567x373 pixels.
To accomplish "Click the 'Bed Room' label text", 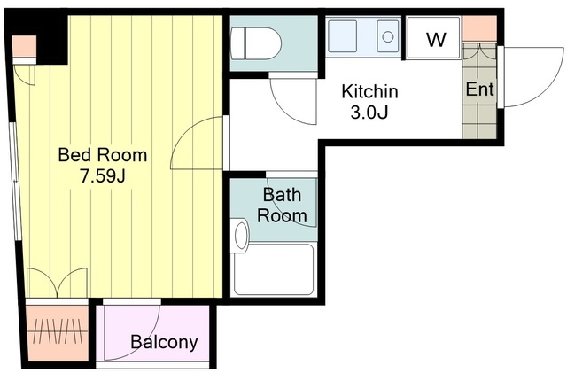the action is (103, 155).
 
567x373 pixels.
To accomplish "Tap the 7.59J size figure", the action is (103, 176).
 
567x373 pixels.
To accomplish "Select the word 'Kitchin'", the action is (369, 91).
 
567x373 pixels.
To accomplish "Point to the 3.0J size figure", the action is (369, 113).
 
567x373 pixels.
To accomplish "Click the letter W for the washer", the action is (436, 40).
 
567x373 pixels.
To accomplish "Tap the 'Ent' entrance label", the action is (479, 89).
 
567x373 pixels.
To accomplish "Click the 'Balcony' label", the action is (164, 342).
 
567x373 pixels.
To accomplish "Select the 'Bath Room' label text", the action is (282, 206).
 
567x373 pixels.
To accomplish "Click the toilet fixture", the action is (256, 43).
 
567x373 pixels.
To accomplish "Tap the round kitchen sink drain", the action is (388, 36).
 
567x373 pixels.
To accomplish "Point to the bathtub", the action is (274, 269).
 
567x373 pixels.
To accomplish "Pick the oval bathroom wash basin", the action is (241, 236).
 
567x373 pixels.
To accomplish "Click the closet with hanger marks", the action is (58, 333).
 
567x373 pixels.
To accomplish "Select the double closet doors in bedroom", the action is (57, 283).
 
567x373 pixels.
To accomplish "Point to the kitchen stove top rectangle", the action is (342, 36).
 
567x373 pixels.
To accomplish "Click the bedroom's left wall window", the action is (14, 181).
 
